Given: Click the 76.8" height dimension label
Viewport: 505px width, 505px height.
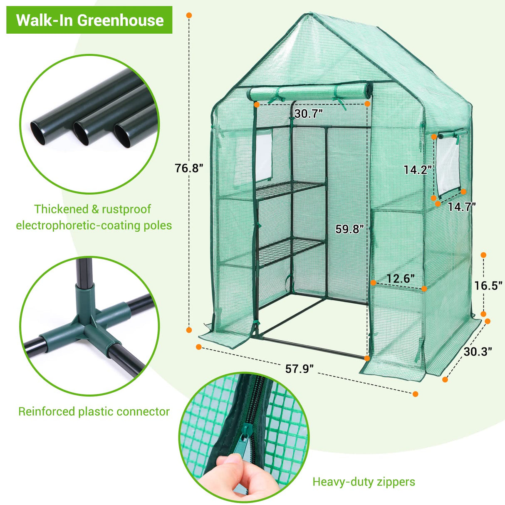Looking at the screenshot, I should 189,168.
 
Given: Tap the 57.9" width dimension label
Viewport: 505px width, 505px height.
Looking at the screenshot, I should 299,369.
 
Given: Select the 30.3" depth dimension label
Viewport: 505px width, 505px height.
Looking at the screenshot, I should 478,352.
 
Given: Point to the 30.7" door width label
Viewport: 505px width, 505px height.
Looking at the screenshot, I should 308,114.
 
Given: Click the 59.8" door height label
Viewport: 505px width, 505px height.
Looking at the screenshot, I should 350,229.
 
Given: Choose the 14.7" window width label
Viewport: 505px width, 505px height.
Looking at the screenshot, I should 462,207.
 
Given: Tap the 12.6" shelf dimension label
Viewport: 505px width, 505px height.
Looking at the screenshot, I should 400,278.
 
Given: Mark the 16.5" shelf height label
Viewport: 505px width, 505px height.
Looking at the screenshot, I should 489,285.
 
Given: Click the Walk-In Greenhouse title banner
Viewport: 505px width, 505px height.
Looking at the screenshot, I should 89,20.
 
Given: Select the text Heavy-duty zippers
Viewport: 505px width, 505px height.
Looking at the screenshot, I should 364,482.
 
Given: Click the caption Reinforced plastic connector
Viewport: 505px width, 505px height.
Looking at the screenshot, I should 94,411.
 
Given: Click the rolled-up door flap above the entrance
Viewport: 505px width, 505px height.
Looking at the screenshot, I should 310,92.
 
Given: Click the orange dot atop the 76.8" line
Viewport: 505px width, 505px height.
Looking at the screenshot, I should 189,15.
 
